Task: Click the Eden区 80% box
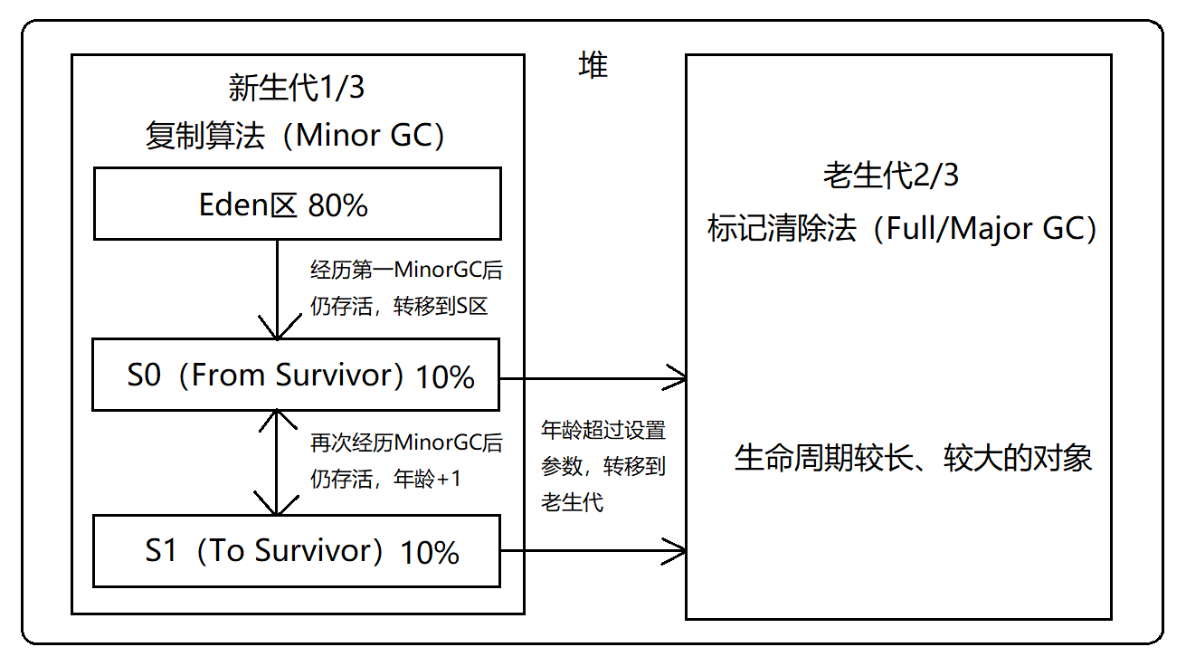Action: pyautogui.click(x=297, y=205)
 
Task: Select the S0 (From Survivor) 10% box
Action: pyautogui.click(x=297, y=375)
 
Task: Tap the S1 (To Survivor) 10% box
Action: pyautogui.click(x=297, y=551)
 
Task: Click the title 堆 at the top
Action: pyautogui.click(x=593, y=66)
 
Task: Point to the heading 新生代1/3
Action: pyautogui.click(x=297, y=89)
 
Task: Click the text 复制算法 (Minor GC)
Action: pyautogui.click(x=297, y=136)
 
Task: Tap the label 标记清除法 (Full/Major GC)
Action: pyautogui.click(x=902, y=228)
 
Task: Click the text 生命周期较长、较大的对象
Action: pyautogui.click(x=913, y=458)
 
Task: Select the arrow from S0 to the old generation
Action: pyautogui.click(x=593, y=378)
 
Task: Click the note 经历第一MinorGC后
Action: pyautogui.click(x=405, y=271)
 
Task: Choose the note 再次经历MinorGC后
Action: pyautogui.click(x=405, y=443)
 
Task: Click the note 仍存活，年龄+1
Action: pyautogui.click(x=385, y=479)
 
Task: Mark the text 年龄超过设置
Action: pyautogui.click(x=602, y=430)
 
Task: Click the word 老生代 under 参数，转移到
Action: pyautogui.click(x=573, y=502)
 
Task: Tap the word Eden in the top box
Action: pyautogui.click(x=236, y=205)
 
